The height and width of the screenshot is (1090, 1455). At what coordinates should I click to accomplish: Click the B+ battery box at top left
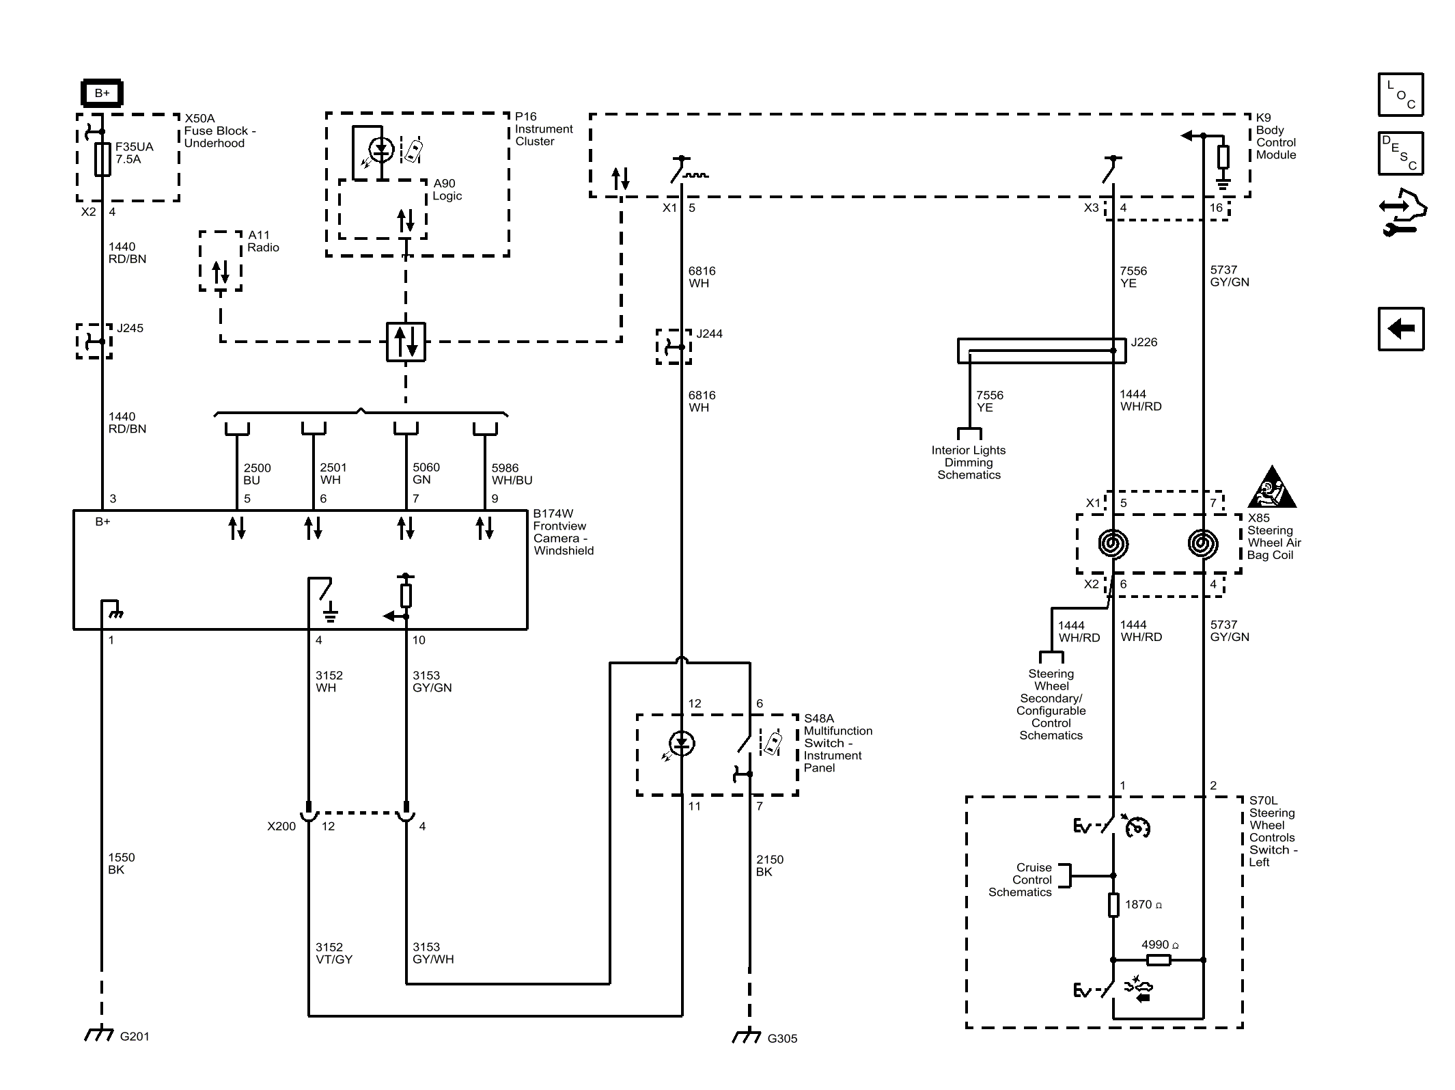102,93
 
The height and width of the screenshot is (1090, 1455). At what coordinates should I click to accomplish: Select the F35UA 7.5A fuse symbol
102,160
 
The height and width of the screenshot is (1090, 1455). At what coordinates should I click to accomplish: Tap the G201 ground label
135,1036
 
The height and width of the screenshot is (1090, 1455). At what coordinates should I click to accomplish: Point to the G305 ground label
782,1038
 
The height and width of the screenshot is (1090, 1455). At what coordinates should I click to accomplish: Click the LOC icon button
1400,94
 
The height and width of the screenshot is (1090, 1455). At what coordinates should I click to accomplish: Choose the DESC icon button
1400,153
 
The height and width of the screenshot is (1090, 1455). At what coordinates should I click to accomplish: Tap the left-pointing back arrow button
1400,329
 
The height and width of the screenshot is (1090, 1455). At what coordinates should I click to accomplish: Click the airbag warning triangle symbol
1271,488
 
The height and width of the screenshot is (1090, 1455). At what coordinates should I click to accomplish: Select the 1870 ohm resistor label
1144,904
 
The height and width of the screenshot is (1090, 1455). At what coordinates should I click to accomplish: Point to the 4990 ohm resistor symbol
1159,960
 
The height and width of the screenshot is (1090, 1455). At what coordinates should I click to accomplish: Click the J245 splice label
130,328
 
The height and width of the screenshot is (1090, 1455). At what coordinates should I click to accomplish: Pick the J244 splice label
709,333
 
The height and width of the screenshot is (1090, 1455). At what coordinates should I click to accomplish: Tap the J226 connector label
1144,342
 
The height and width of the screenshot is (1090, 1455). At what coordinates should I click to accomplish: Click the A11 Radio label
263,241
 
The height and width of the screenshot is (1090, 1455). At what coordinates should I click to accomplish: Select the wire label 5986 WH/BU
512,474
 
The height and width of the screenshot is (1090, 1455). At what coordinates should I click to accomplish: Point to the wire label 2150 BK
770,865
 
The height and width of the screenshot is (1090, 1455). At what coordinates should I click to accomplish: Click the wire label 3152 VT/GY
334,953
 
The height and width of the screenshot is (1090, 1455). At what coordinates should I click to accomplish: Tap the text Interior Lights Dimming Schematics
969,463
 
